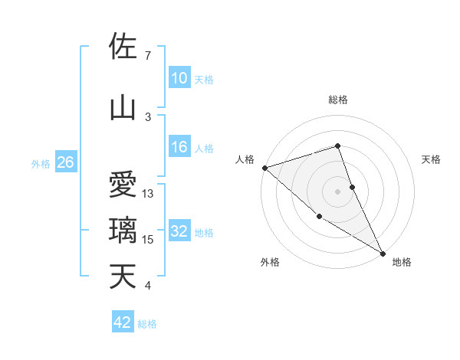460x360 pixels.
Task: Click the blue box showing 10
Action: pos(179,78)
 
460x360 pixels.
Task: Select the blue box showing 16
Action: pos(179,147)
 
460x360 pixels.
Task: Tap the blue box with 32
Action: pos(179,232)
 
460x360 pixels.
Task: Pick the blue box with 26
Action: pos(65,162)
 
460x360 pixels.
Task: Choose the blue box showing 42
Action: pos(123,322)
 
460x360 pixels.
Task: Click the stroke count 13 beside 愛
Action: pos(149,194)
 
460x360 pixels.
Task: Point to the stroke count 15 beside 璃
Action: pos(149,240)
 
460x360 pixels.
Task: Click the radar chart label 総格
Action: pos(338,100)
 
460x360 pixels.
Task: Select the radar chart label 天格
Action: pos(432,159)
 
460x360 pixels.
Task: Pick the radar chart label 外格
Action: pos(270,262)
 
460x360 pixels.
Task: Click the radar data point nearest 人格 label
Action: pos(264,168)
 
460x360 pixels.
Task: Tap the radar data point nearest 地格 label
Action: pos(383,253)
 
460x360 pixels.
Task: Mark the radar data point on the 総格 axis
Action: pos(337,146)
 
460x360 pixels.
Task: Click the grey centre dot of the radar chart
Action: pos(337,191)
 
